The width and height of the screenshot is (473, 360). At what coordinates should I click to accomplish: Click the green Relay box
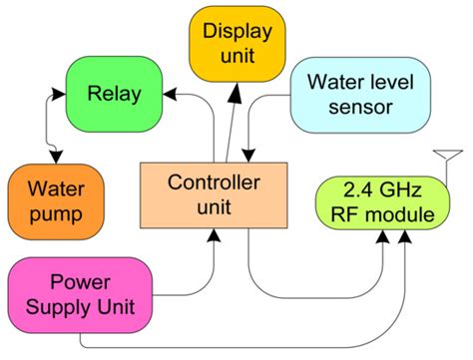pos(113,95)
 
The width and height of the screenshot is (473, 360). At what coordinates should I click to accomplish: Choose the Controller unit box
pos(214,193)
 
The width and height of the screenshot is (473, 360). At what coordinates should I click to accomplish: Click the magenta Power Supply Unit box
pos(80,293)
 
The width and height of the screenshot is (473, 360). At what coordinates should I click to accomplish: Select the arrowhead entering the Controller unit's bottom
pos(214,235)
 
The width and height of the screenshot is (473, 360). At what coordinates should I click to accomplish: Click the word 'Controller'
pos(214,182)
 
